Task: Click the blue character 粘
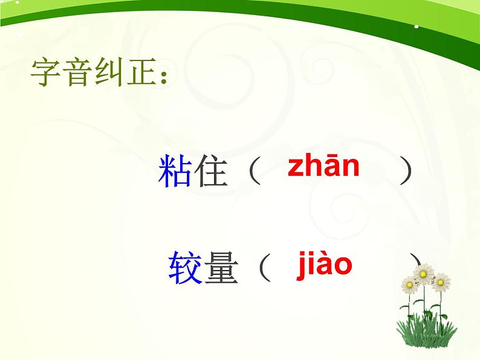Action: pos(175,172)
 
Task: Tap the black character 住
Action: pos(209,172)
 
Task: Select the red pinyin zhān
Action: pos(323,166)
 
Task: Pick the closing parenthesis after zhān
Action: pos(406,172)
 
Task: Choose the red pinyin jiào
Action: pos(324,264)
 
